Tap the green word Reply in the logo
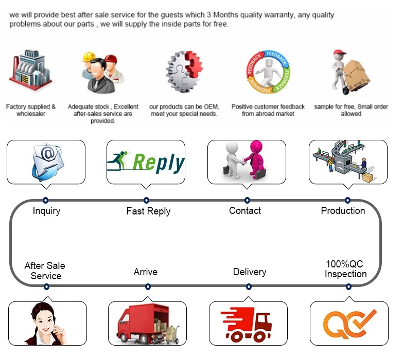(157, 163)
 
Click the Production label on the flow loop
(343, 210)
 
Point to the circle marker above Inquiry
(45, 200)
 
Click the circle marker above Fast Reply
(146, 200)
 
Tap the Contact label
(245, 210)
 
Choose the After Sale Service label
(45, 271)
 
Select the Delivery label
(250, 272)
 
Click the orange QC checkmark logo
(349, 323)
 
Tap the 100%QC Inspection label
(346, 269)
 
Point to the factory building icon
(30, 71)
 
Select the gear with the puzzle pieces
(183, 72)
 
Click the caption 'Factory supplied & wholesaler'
(31, 110)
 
